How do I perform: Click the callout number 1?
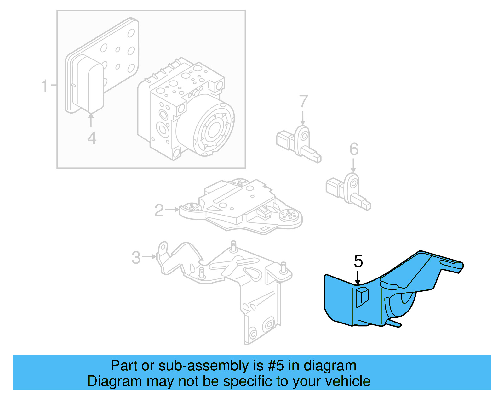45,86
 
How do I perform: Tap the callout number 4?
92,138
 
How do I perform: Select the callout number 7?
303,101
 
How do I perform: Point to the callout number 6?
354,149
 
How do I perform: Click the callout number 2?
159,210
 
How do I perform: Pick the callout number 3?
136,257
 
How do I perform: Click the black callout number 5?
358,261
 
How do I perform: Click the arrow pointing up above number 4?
91,120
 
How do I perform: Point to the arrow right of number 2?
172,209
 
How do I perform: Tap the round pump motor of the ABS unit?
212,128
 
